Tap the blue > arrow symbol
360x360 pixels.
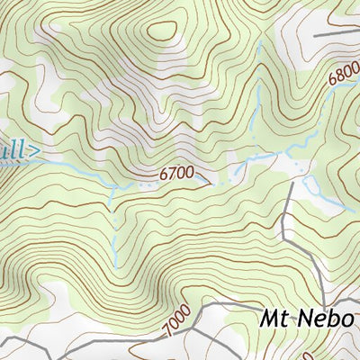pyautogui.click(x=34, y=150)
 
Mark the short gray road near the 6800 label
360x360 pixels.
pyautogui.click(x=337, y=34)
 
